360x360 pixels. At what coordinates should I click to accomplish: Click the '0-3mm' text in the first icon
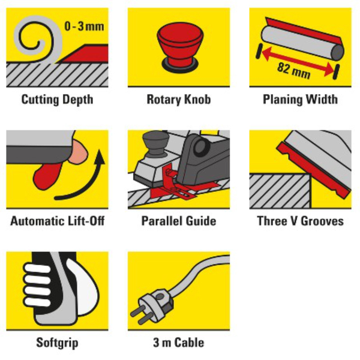[x=84, y=26]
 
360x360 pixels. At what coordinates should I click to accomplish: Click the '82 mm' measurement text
[x=293, y=70]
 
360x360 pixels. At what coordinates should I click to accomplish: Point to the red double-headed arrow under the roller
[x=298, y=61]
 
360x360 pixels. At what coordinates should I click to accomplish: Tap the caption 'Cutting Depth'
[x=57, y=100]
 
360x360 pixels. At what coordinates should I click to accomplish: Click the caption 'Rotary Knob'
[x=179, y=100]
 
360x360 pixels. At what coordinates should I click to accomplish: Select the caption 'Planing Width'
[x=300, y=100]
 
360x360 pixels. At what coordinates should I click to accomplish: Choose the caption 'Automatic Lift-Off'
[x=57, y=221]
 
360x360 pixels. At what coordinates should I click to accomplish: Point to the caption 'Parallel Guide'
[x=179, y=221]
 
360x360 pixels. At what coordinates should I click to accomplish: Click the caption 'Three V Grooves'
[x=300, y=221]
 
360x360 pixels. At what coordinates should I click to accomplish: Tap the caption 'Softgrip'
[x=57, y=343]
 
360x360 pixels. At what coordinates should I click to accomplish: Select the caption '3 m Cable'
[x=179, y=343]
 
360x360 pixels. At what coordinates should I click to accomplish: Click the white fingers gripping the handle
[x=37, y=284]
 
